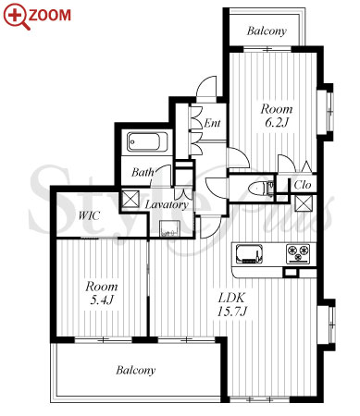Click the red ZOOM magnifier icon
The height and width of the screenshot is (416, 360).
tap(17, 17)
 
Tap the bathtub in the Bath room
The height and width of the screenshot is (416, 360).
tap(147, 141)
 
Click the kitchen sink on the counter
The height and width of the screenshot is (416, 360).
tap(249, 253)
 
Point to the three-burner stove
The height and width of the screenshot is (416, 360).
tap(298, 253)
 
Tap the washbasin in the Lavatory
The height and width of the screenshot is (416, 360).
tap(168, 229)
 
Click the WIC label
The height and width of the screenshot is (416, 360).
tap(89, 215)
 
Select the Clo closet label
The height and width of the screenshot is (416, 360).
tap(303, 185)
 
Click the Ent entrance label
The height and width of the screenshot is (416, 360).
tap(212, 123)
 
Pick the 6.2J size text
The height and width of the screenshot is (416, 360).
tap(277, 123)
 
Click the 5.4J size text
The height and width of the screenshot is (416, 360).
tap(102, 300)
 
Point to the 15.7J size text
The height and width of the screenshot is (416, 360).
tap(231, 312)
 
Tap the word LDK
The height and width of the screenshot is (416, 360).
tap(231, 298)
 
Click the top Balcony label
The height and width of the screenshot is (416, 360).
tap(267, 31)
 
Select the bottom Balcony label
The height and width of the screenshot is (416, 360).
tap(136, 370)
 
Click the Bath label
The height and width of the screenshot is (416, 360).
tap(143, 172)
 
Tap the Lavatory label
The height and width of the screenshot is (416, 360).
tap(167, 204)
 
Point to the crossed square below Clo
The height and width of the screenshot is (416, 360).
tap(304, 203)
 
